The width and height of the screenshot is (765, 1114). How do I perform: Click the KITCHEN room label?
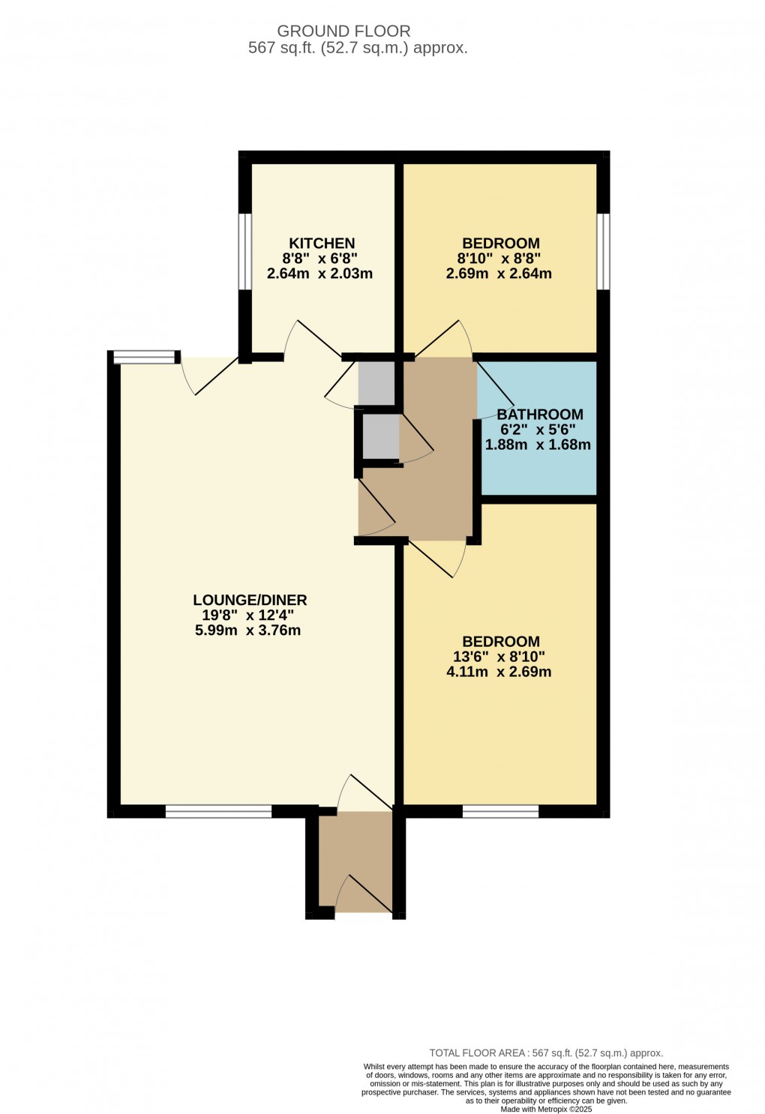pyautogui.click(x=322, y=243)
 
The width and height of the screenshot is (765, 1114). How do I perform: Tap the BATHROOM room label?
pyautogui.click(x=539, y=414)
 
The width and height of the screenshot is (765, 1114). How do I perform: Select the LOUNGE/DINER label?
pyautogui.click(x=250, y=600)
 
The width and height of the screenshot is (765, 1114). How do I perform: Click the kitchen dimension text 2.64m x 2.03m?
pyautogui.click(x=319, y=274)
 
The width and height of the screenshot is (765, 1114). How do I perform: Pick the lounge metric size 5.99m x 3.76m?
pyautogui.click(x=247, y=630)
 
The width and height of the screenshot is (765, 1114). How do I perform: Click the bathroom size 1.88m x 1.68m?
pyautogui.click(x=538, y=445)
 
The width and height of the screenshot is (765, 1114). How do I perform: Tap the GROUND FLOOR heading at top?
pyautogui.click(x=343, y=31)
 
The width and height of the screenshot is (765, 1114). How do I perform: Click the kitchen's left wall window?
pyautogui.click(x=245, y=252)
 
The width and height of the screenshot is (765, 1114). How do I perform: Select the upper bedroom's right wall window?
pyautogui.click(x=603, y=252)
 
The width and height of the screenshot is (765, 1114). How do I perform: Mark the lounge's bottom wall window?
pyautogui.click(x=218, y=811)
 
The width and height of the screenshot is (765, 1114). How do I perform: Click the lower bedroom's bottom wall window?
pyautogui.click(x=500, y=811)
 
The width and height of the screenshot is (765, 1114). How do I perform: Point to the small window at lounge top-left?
pyautogui.click(x=144, y=358)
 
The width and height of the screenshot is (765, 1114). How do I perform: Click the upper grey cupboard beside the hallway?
pyautogui.click(x=376, y=383)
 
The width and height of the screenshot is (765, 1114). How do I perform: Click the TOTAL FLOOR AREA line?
pyautogui.click(x=546, y=1053)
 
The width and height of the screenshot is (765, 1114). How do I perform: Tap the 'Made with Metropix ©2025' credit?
pyautogui.click(x=546, y=1110)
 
